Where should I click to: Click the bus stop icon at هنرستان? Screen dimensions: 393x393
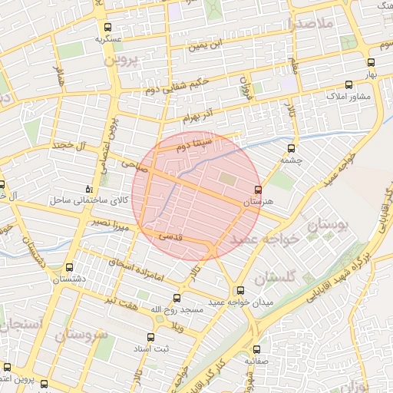pyautogui.click(x=258, y=189)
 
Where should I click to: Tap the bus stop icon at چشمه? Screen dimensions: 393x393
pyautogui.click(x=290, y=149)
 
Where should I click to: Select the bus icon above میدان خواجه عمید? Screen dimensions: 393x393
pyautogui.click(x=241, y=291)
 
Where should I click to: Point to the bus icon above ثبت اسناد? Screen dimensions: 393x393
pyautogui.click(x=151, y=336)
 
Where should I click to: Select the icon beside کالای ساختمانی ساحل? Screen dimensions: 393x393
pyautogui.click(x=91, y=189)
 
